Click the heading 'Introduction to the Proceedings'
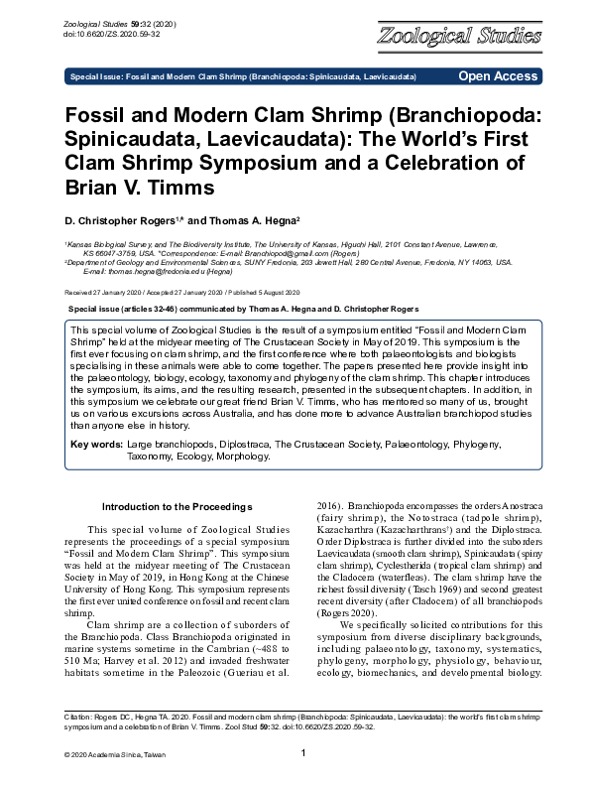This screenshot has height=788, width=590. tap(170, 506)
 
